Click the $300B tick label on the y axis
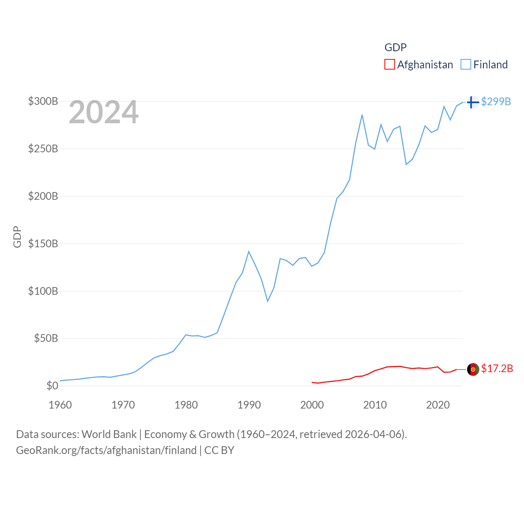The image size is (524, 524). pos(43,101)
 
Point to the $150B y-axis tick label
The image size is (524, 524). pos(43,244)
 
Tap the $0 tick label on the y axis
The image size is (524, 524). pos(52,386)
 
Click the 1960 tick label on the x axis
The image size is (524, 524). pos(60,405)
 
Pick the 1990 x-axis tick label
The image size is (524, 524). pos(249,405)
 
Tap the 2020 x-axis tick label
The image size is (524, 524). pos(438,405)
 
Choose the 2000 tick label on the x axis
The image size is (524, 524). pos(312,405)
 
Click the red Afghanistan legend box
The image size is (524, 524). pos(390,65)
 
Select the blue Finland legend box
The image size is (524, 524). pos(466,65)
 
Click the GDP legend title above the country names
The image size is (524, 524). pos(395,47)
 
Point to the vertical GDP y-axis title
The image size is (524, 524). pos(17,237)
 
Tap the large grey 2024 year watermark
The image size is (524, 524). pos(104,112)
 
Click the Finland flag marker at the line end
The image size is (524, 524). pos(473,102)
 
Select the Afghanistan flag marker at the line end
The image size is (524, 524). pos(473,369)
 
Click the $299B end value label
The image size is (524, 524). pos(496,102)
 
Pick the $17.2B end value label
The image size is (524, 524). pos(497,368)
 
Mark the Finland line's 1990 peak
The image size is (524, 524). pos(248,251)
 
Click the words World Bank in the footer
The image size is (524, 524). pos(109,434)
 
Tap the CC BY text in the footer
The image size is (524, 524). pos(219,450)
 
